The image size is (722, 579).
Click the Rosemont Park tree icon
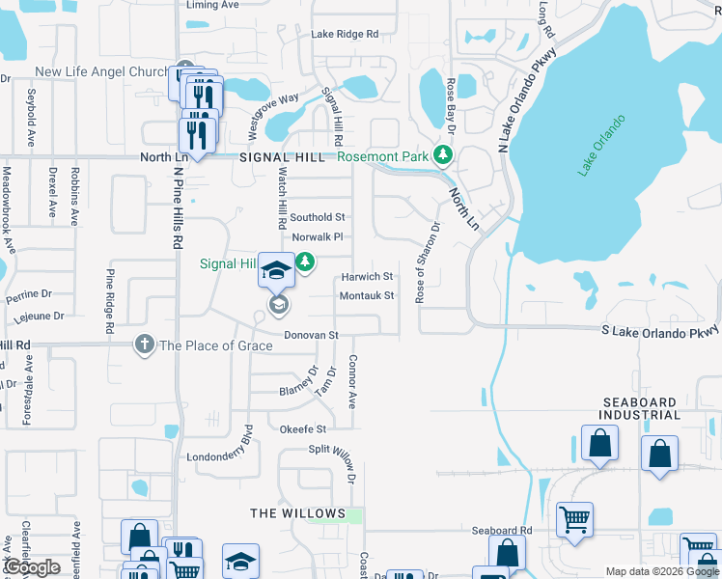pyautogui.click(x=443, y=154)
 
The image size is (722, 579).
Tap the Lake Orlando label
pyautogui.click(x=601, y=145)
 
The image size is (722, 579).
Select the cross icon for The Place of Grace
pyautogui.click(x=144, y=345)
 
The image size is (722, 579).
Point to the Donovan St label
pyautogui.click(x=310, y=335)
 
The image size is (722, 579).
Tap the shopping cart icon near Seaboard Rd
pyautogui.click(x=574, y=519)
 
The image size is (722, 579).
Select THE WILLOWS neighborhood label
pyautogui.click(x=297, y=512)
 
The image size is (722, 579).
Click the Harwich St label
pyautogui.click(x=367, y=277)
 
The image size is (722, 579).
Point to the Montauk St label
pyautogui.click(x=367, y=295)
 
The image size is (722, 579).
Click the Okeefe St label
pyautogui.click(x=303, y=428)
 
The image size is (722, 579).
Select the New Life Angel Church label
pyautogui.click(x=101, y=72)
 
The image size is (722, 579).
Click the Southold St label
pyautogui.click(x=318, y=218)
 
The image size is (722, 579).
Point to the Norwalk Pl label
pyautogui.click(x=318, y=236)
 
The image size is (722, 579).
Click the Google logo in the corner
pyautogui.click(x=32, y=568)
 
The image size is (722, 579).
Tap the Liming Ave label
pyautogui.click(x=212, y=5)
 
